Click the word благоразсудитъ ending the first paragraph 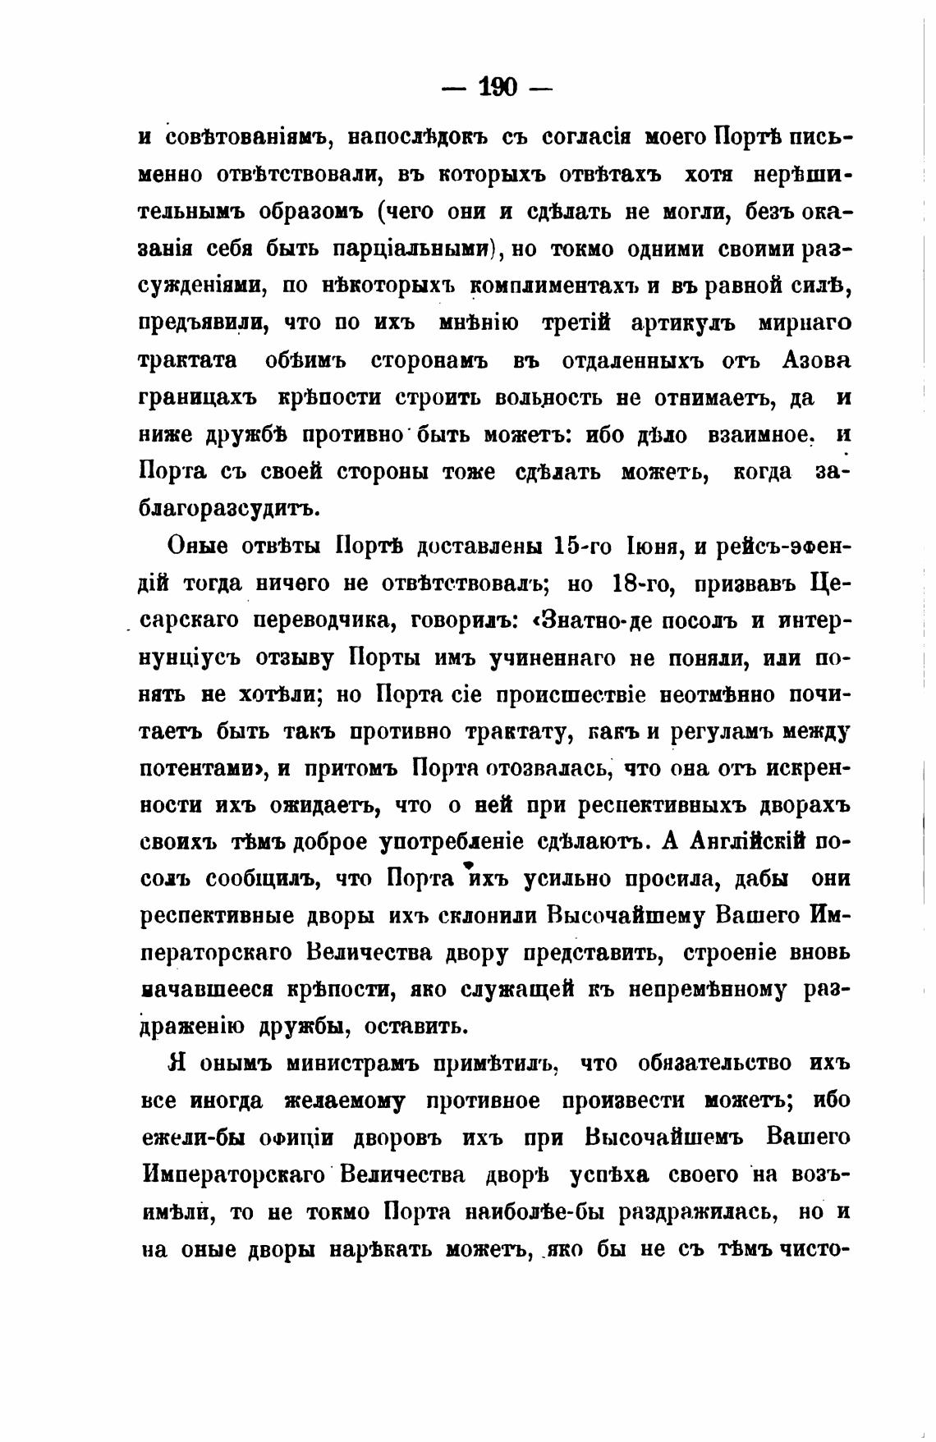coord(228,508)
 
